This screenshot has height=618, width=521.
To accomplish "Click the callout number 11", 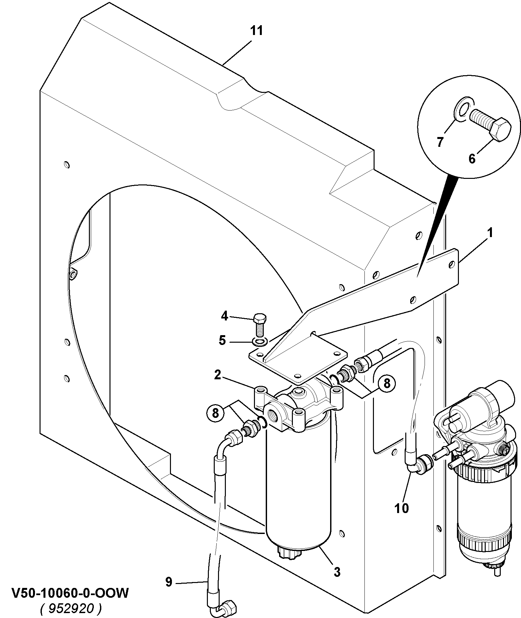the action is (257, 31).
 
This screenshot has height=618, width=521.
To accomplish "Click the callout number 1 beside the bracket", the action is (490, 233).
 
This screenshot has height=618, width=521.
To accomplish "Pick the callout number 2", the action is (218, 375).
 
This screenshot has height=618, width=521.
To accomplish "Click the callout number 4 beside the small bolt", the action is (224, 316).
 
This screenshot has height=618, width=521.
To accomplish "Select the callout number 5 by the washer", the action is (222, 340).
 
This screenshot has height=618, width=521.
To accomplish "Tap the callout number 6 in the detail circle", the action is (472, 159).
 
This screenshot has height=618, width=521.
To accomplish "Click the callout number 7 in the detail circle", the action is (440, 142).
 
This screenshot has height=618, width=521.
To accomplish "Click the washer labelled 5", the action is (260, 342).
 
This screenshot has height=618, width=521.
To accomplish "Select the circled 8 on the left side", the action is (215, 413).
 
